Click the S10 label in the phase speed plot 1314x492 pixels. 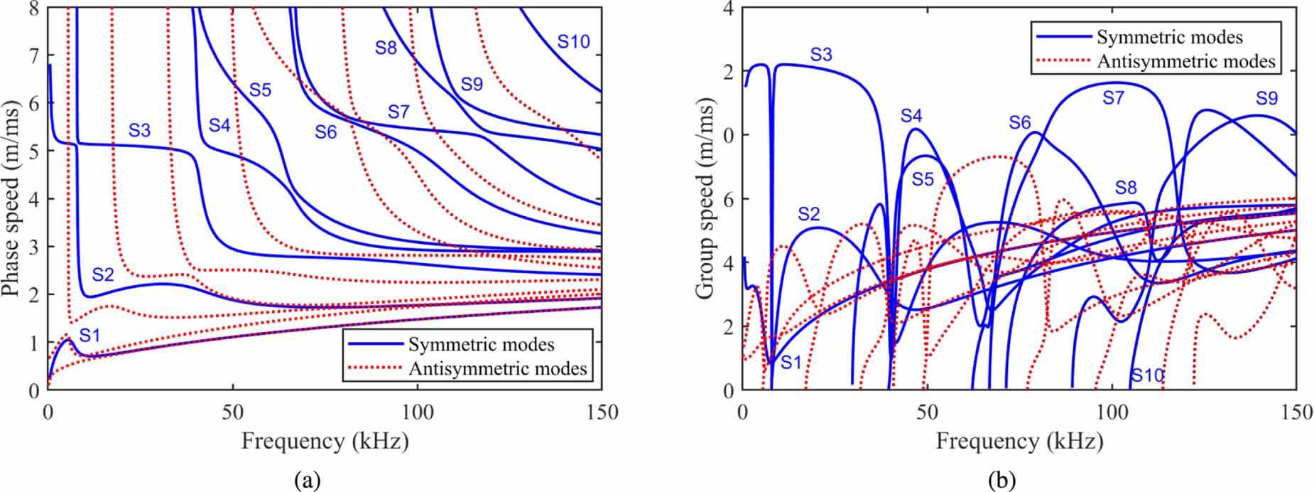click(573, 42)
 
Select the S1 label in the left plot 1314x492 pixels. click(89, 335)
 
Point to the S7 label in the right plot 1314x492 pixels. click(1113, 98)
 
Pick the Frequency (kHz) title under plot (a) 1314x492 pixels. click(325, 442)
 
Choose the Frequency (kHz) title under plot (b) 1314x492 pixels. click(1019, 442)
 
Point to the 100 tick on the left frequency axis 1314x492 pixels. click(417, 413)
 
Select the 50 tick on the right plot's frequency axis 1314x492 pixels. click(927, 413)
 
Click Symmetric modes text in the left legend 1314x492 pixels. click(481, 345)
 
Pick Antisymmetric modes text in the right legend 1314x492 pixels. click(1186, 61)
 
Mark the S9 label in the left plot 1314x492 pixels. click(472, 85)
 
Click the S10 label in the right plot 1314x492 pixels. click(1148, 375)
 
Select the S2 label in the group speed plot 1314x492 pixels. click(808, 214)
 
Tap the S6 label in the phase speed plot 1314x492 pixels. click(326, 132)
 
